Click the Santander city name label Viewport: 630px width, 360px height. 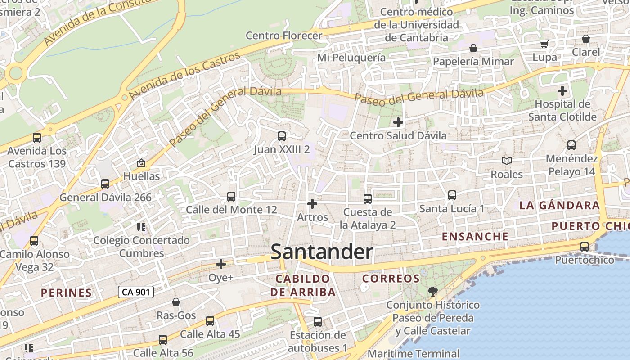coord(322,252)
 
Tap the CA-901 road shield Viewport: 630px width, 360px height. coord(136,292)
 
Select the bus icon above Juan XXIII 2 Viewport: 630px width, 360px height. coord(282,136)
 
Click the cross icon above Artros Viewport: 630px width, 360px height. coord(312,204)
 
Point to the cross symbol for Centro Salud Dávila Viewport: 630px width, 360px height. coord(398,122)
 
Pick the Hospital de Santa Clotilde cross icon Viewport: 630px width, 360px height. coord(562,91)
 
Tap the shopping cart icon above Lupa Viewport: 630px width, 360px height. coord(544,44)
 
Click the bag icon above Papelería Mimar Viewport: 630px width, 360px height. coord(473,48)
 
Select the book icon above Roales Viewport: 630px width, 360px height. coord(507,161)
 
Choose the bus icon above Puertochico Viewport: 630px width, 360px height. coord(585,246)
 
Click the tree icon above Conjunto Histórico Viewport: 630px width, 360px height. coord(432,291)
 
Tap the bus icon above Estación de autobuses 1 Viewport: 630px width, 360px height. coord(318,321)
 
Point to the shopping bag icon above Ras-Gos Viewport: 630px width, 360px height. coord(176,301)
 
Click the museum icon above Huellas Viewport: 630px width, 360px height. coord(141,162)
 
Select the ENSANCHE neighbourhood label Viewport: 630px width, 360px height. coord(475,236)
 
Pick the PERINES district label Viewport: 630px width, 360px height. coord(67,292)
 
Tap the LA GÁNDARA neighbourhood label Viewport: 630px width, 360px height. coord(559,206)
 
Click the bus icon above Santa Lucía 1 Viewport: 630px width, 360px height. coord(452,195)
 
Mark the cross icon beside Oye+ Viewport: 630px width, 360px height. coord(221,264)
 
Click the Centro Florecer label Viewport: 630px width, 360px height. coord(284,36)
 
